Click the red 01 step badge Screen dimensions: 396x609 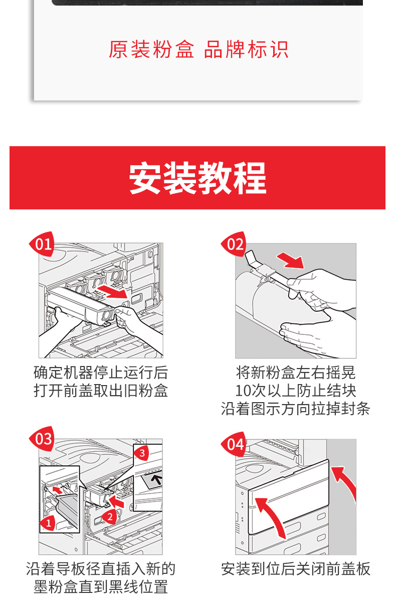(x=43, y=244)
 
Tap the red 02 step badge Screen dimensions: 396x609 (x=234, y=244)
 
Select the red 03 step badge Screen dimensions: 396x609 (x=43, y=439)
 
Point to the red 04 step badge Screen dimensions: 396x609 (x=234, y=444)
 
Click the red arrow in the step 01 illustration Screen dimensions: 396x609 (x=113, y=292)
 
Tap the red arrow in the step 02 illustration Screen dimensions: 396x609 (x=290, y=260)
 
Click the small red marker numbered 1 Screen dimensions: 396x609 (x=48, y=523)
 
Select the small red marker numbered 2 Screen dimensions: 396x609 (x=109, y=517)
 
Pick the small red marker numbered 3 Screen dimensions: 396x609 (x=142, y=453)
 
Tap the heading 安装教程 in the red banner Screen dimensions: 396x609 (x=197, y=178)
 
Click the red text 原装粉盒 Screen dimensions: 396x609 (x=151, y=49)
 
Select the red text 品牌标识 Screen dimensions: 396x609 (x=246, y=49)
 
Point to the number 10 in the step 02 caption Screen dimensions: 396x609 (x=242, y=391)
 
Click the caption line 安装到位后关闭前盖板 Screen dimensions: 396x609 (x=296, y=569)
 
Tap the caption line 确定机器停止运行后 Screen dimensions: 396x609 (x=101, y=373)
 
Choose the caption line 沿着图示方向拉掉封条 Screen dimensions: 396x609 (x=296, y=409)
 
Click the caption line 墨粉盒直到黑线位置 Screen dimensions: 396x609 (x=101, y=587)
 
